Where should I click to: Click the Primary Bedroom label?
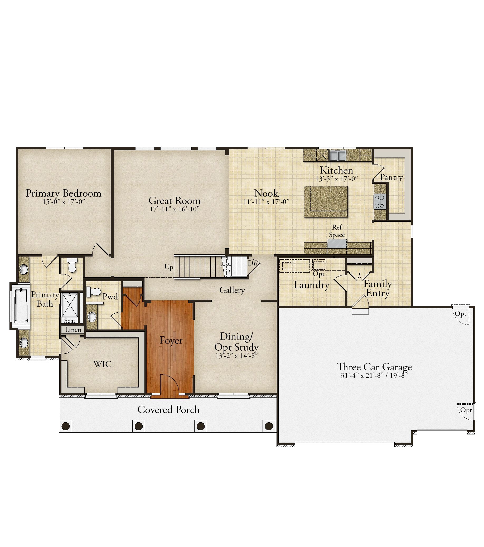click(64, 193)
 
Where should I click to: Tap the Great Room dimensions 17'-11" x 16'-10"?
click(175, 209)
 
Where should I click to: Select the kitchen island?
click(326, 202)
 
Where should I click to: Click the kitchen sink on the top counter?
click(337, 155)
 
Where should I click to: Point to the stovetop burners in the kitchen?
click(380, 201)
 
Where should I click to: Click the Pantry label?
click(391, 177)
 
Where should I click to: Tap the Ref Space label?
click(337, 231)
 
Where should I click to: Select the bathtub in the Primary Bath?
click(21, 305)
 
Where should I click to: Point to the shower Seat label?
click(70, 320)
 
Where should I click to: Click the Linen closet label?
click(73, 330)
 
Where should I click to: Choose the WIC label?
click(103, 364)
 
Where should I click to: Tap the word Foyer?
click(171, 340)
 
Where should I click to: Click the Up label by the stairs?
click(169, 267)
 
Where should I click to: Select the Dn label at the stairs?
click(252, 263)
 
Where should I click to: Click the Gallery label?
click(232, 290)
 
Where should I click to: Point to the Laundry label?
click(311, 285)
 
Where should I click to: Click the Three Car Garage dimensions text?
click(374, 375)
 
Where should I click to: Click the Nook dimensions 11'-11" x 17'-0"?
click(266, 201)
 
